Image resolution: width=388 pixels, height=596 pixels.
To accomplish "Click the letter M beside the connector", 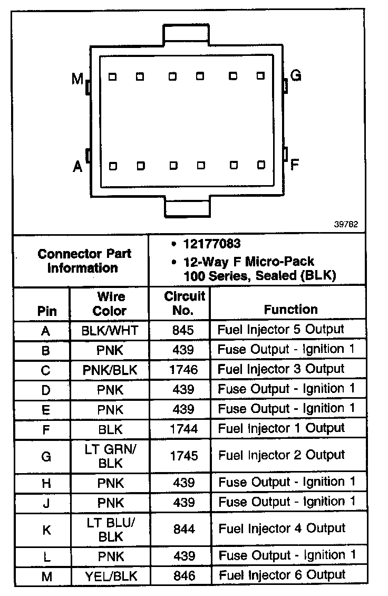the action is (x=77, y=79).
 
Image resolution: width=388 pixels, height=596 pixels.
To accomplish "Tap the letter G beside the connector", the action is (x=296, y=75).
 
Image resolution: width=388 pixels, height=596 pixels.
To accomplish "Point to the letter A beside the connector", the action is (x=77, y=167).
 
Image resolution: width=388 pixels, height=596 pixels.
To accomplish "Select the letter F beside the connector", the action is (x=295, y=164).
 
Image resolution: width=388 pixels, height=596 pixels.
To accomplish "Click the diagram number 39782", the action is (x=346, y=224).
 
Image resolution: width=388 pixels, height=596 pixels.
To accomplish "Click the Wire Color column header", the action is (x=110, y=303).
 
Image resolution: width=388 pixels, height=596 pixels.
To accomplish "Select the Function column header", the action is (x=290, y=309).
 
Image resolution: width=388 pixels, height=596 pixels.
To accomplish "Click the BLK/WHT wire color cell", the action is (x=110, y=331).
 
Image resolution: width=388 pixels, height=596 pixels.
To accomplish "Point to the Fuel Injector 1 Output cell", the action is (x=281, y=428).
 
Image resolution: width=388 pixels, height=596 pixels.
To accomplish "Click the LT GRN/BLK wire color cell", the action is (x=110, y=456).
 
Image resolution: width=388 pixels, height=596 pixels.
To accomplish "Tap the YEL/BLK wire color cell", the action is (x=110, y=576).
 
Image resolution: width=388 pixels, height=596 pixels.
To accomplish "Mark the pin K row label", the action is (x=46, y=530).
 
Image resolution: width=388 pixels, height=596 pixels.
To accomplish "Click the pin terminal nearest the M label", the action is (x=112, y=76).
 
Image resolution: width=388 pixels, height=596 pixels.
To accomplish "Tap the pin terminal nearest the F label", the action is (x=260, y=165).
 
